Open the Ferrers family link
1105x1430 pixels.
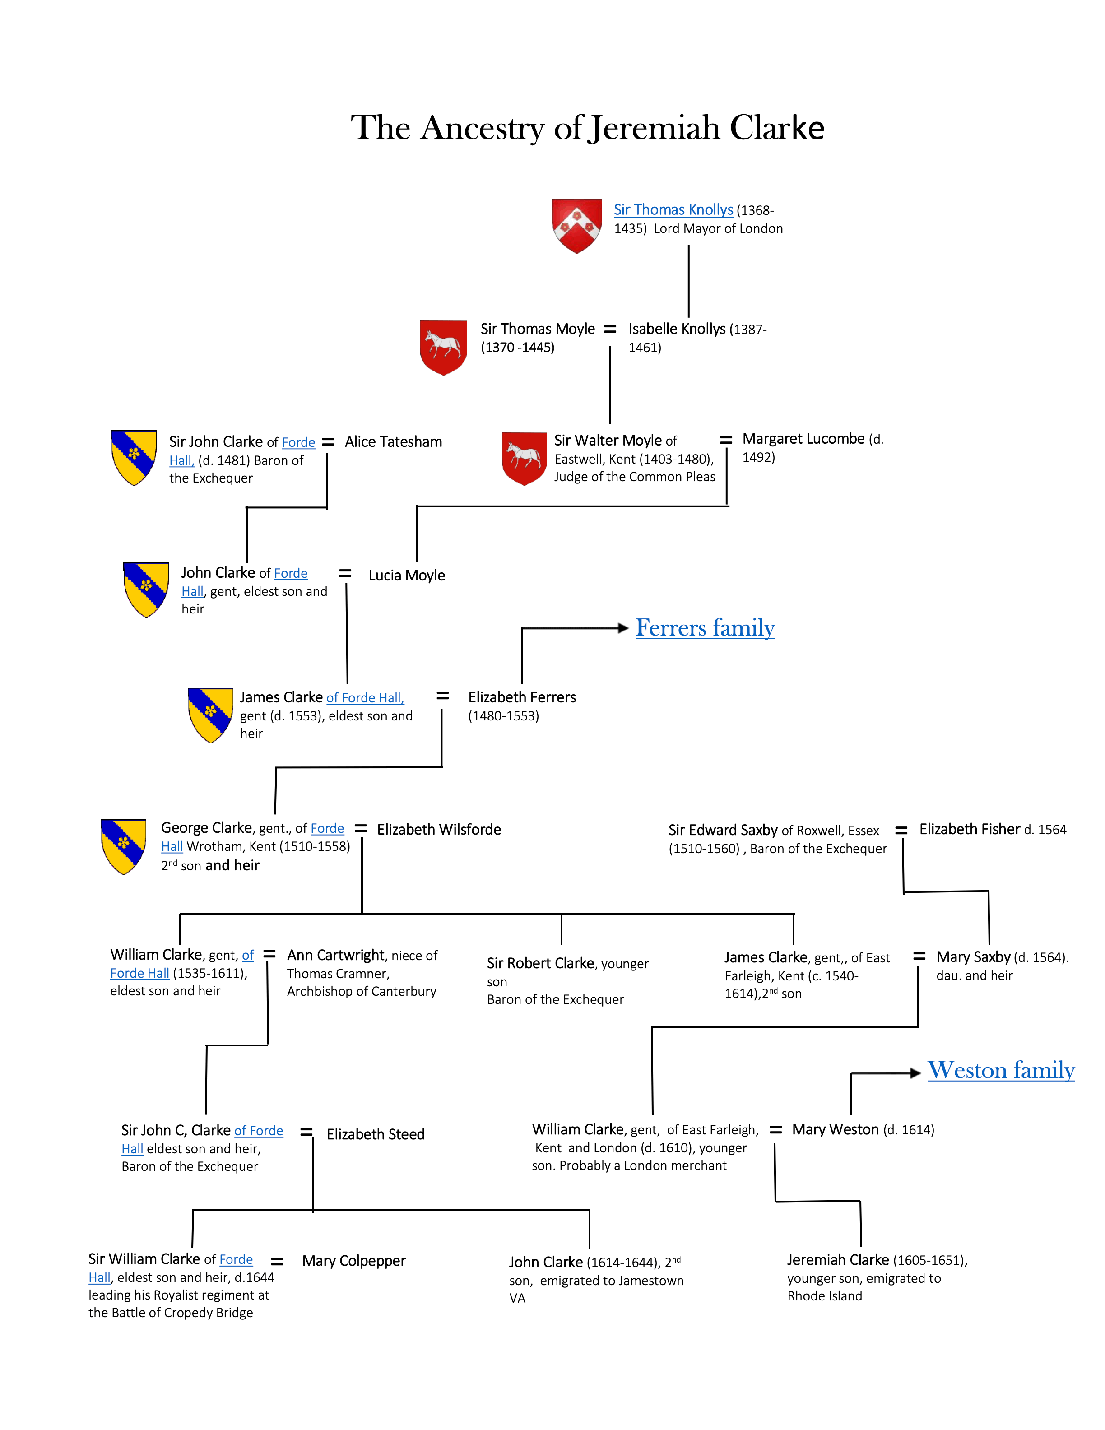tap(705, 628)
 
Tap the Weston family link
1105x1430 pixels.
tap(1001, 1071)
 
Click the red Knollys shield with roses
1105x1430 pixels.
tap(576, 225)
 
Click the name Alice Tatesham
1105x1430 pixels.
tap(394, 442)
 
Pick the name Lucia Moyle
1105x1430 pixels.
tap(407, 576)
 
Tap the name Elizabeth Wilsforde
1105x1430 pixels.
tap(439, 830)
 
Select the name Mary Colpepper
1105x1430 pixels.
tap(353, 1261)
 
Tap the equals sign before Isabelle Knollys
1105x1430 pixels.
tap(610, 330)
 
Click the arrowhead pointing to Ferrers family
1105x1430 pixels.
tap(623, 629)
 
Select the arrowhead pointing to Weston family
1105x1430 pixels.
tap(916, 1073)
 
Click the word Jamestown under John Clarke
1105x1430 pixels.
tap(645, 1281)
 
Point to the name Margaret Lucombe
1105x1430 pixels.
tap(803, 439)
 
